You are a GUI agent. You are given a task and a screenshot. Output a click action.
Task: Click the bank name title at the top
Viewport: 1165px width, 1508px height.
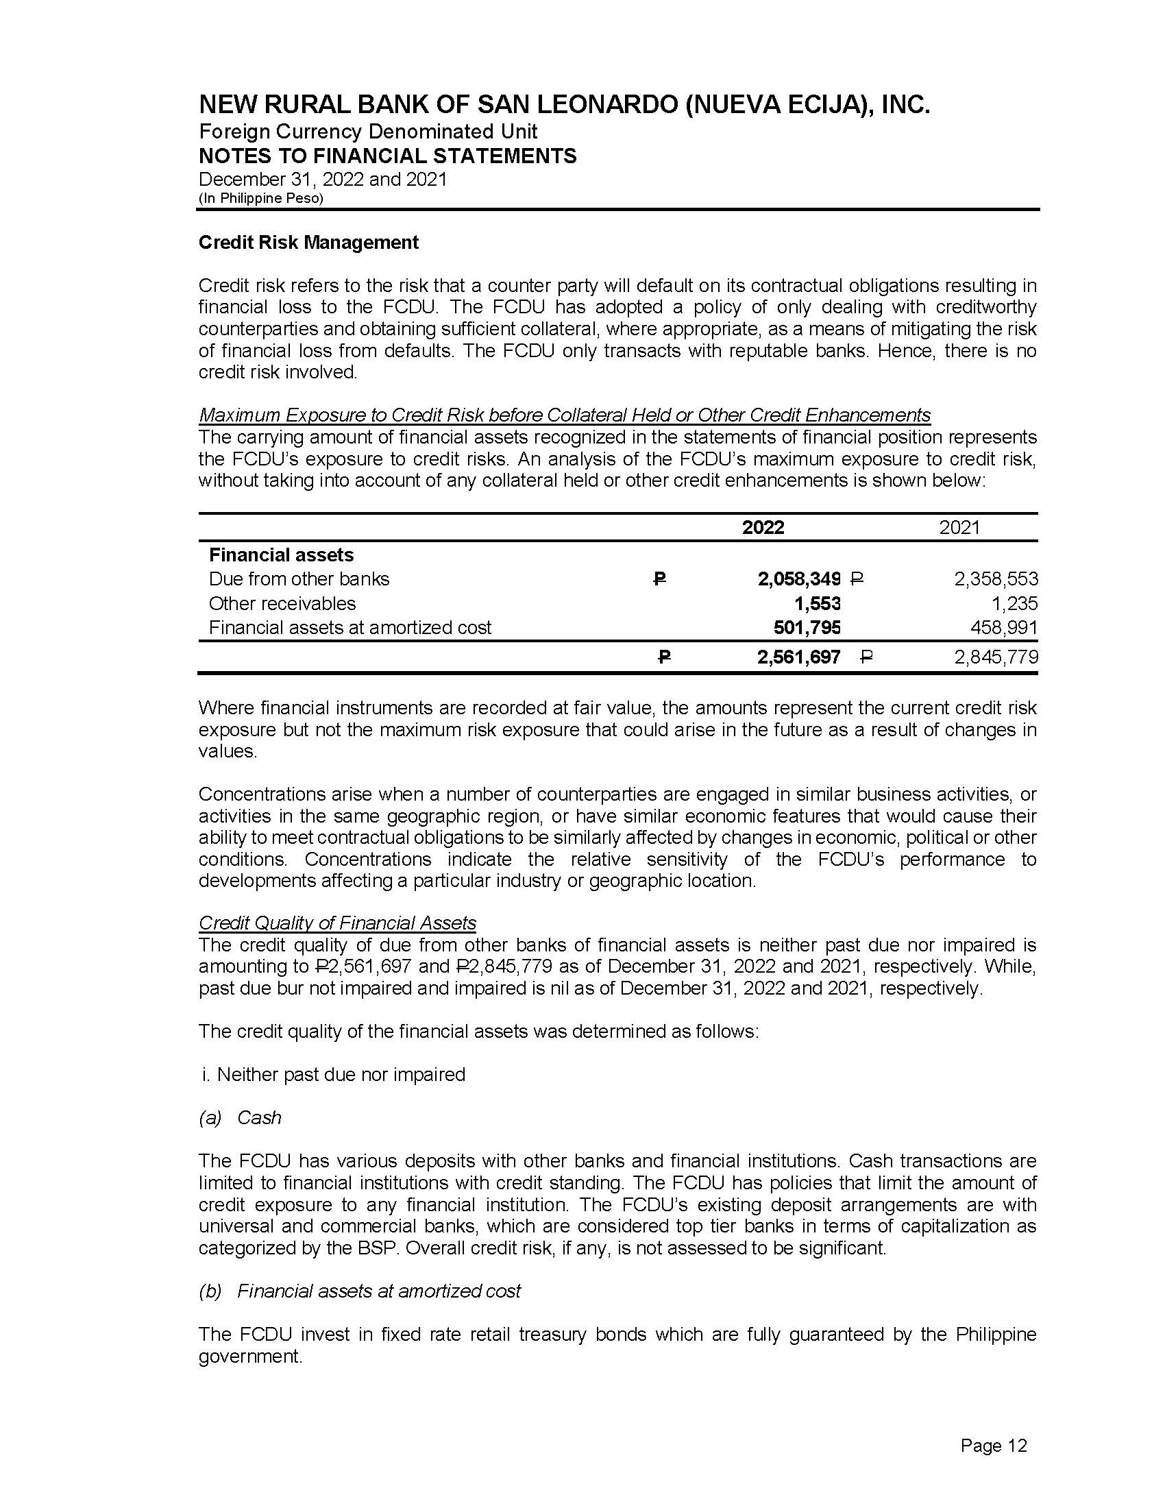(x=564, y=105)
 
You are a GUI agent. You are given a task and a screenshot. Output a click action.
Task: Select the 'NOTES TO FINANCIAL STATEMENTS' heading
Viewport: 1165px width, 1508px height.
(x=387, y=156)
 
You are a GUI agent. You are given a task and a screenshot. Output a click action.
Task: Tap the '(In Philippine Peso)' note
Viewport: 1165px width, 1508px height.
(x=261, y=198)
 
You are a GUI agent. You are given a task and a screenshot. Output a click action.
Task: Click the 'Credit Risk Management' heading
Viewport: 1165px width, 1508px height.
(x=308, y=243)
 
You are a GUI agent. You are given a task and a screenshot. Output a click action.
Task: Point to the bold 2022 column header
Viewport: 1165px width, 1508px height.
(x=763, y=528)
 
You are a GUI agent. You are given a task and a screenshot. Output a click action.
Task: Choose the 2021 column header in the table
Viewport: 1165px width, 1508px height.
(x=959, y=528)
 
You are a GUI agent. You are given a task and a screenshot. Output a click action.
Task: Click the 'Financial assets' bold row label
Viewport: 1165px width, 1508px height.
(x=281, y=555)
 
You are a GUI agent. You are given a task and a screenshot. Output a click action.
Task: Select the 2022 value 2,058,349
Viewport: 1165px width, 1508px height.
(x=798, y=579)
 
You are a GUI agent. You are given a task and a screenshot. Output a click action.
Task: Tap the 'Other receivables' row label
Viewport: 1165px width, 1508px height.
(x=282, y=603)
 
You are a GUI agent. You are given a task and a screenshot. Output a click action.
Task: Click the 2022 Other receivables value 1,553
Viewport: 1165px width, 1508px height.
(x=817, y=603)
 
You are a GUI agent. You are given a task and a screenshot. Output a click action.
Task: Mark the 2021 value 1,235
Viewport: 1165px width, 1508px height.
(x=1014, y=603)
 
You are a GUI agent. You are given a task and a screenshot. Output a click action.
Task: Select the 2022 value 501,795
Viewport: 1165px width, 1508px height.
(x=806, y=628)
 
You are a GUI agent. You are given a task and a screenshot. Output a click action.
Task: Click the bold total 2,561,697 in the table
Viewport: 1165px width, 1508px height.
(x=798, y=657)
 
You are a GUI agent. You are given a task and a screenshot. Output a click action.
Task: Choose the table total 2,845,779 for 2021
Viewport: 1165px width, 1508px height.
(x=996, y=657)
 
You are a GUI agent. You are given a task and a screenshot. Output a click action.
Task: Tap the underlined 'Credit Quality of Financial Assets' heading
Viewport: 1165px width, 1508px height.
(x=337, y=923)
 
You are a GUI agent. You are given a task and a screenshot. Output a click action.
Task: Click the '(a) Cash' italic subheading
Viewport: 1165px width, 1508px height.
(x=240, y=1118)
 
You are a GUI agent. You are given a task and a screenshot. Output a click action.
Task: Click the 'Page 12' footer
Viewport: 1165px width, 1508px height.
(x=993, y=1445)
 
